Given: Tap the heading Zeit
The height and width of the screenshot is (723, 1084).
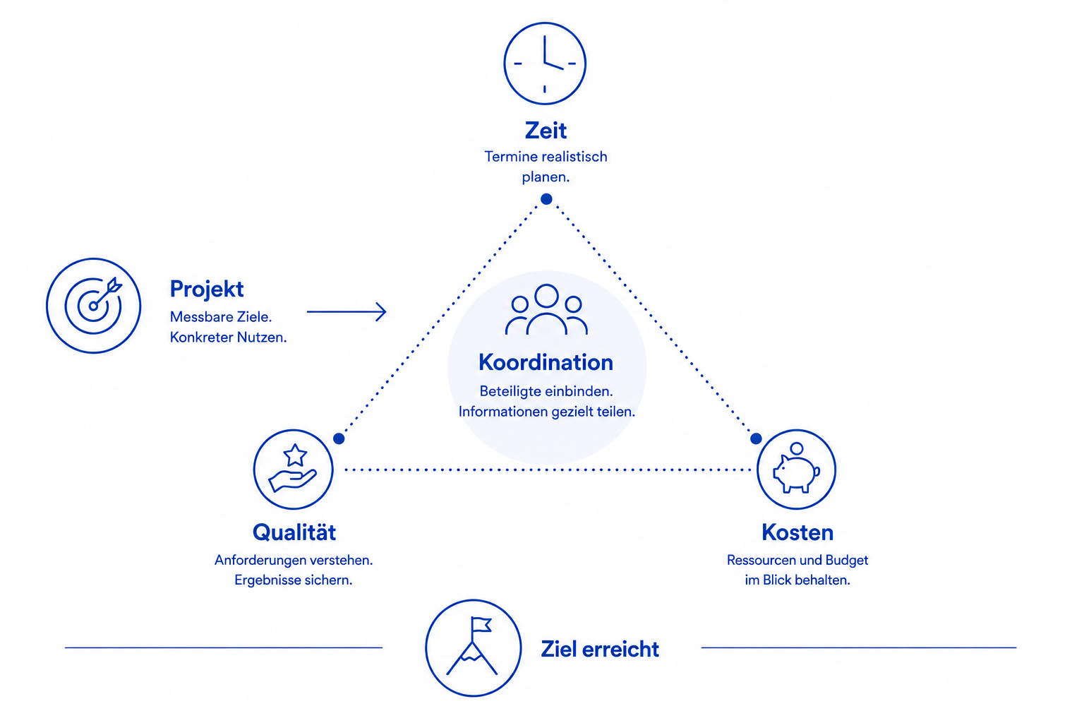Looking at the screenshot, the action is coord(546,131).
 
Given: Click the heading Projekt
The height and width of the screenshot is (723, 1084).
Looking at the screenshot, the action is coord(207,289).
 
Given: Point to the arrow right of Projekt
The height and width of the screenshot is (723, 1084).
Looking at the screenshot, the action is coord(347,312).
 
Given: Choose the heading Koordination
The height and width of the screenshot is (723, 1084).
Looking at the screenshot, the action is coord(546,362).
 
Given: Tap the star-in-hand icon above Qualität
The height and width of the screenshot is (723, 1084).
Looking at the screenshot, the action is coord(294,470).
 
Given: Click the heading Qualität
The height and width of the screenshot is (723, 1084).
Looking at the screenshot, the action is coord(294,532).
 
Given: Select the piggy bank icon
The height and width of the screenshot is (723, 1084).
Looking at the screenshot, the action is coord(797,470).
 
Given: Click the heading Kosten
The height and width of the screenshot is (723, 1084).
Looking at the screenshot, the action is coord(797,532).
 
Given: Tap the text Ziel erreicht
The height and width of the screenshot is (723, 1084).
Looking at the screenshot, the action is coord(600,650).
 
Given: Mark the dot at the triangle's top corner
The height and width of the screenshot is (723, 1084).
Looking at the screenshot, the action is coord(546,199).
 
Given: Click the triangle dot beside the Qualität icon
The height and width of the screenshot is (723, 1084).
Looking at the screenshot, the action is coord(339,438).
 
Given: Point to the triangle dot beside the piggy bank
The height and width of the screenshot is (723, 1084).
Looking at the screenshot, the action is coord(756,438).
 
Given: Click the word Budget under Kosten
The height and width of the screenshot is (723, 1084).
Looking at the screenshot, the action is coord(847,561).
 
